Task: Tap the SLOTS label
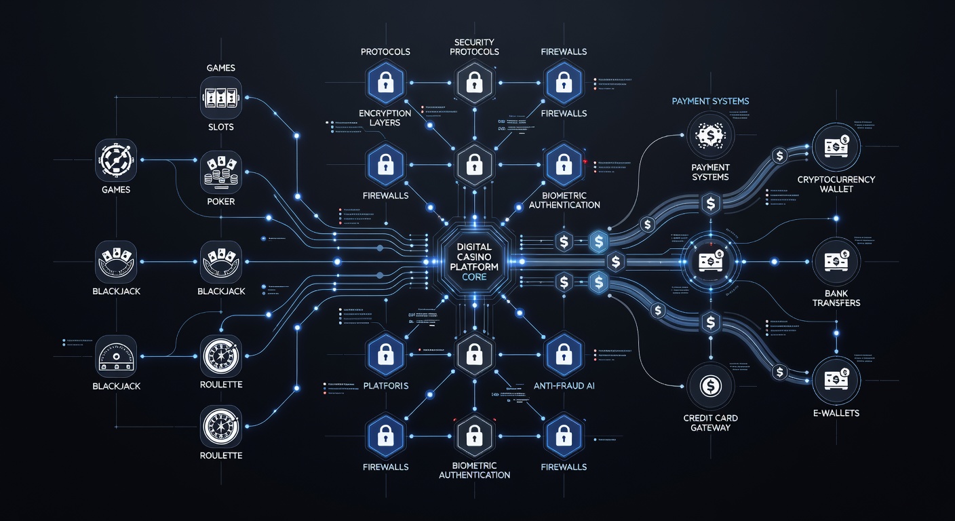coord(221,127)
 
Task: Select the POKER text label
coord(221,201)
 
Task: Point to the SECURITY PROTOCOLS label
coord(475,47)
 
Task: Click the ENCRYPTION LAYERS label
coord(385,118)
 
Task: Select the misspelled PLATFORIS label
coord(385,386)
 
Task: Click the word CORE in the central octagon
coord(475,277)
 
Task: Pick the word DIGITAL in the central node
coord(475,247)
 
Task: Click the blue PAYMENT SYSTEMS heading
coord(710,101)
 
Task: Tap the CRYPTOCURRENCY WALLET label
coord(836,185)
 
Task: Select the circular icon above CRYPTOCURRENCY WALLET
coord(836,146)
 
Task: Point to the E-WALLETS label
coord(836,412)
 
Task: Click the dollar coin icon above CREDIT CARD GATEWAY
coord(710,386)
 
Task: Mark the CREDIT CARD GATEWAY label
coord(710,423)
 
